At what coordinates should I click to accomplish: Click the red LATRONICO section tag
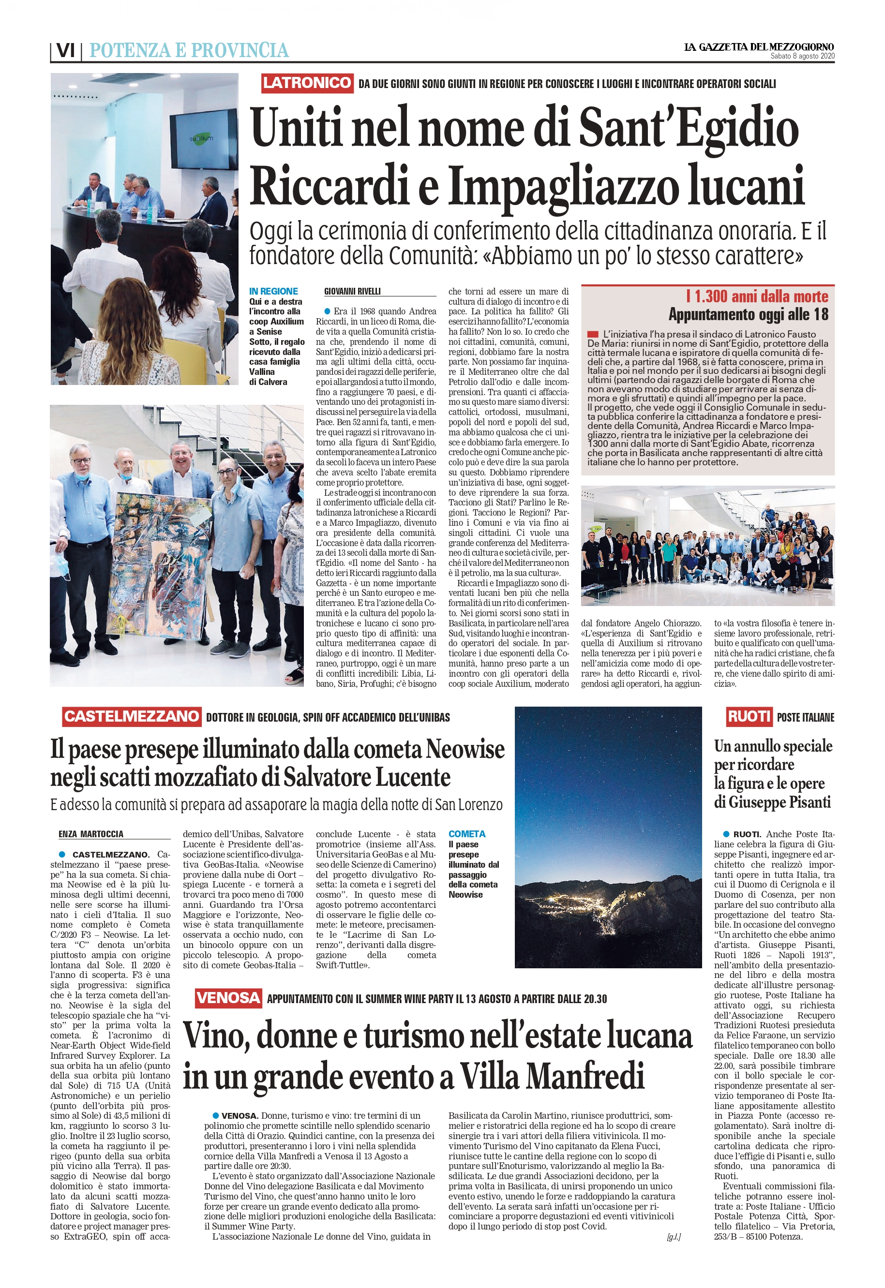pos(307,83)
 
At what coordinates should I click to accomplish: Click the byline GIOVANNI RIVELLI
pos(352,292)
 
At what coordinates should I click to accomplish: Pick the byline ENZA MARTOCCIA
pos(91,834)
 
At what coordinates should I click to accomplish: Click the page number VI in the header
pos(66,50)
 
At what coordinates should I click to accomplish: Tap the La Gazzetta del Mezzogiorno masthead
pos(759,47)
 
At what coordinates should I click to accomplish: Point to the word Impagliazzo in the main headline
pos(563,186)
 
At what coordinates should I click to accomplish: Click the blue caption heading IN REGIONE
pos(273,292)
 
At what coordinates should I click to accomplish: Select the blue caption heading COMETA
pos(467,834)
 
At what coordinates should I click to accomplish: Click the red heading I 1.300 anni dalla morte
pos(757,296)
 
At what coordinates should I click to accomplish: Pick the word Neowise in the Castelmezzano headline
pos(465,749)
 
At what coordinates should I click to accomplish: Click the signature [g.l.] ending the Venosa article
pos(673,1237)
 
